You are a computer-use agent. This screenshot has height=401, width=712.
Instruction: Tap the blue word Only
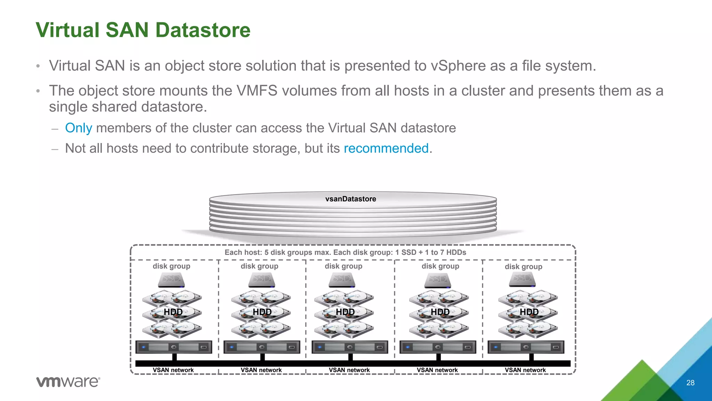tap(79, 128)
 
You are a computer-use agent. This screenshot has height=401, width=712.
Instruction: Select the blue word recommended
tap(386, 149)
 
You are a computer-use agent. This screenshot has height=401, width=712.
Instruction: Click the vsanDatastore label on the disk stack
tap(350, 199)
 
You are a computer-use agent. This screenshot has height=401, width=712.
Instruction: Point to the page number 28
tap(690, 383)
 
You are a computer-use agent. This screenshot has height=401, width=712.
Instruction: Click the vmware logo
tap(68, 382)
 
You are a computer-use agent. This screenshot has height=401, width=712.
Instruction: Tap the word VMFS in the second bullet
tap(257, 91)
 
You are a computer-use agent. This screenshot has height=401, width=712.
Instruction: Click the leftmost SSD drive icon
tap(171, 280)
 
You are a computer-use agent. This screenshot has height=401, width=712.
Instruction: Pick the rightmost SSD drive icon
tap(522, 280)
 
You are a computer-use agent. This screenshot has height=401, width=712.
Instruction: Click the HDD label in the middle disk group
tap(345, 312)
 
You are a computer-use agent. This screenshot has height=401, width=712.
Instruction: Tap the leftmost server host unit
tap(173, 347)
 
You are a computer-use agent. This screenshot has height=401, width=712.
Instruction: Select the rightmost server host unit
tap(526, 347)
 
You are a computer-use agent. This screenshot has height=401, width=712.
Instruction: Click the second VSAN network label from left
tap(261, 370)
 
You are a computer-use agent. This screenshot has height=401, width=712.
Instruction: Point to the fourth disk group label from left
tap(440, 266)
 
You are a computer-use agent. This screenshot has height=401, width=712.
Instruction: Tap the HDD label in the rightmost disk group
tap(529, 312)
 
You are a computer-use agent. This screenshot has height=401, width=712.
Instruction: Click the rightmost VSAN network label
tap(525, 370)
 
